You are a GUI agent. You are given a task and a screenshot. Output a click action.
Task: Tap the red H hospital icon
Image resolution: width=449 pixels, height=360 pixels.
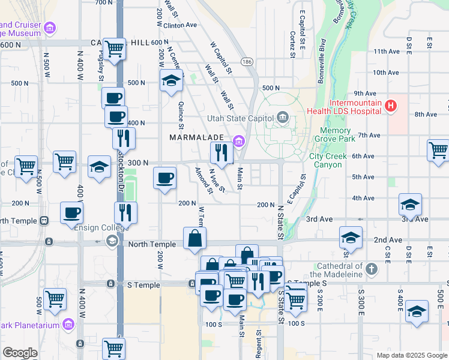[391, 106]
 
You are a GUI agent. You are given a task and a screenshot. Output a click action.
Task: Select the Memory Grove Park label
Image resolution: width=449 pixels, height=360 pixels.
[335, 134]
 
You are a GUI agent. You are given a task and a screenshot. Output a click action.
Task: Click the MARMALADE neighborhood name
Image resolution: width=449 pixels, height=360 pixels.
[197, 137]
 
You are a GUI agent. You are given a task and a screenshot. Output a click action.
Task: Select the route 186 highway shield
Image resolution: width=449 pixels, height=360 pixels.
[247, 62]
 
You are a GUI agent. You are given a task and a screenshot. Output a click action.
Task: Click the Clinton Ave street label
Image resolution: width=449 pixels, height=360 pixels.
[179, 26]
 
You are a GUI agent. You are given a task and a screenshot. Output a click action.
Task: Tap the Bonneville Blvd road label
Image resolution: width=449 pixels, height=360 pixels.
[322, 56]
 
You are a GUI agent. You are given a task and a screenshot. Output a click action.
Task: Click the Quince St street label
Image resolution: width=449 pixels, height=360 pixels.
[180, 114]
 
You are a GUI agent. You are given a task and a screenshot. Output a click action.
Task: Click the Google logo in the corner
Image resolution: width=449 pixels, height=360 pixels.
[20, 353]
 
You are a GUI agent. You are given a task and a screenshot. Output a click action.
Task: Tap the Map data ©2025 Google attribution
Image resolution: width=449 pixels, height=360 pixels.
[411, 355]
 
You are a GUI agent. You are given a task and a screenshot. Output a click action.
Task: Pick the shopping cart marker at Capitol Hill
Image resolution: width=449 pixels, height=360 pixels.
[113, 48]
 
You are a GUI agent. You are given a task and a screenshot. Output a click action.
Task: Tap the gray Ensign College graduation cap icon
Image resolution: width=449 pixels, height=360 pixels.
[112, 241]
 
